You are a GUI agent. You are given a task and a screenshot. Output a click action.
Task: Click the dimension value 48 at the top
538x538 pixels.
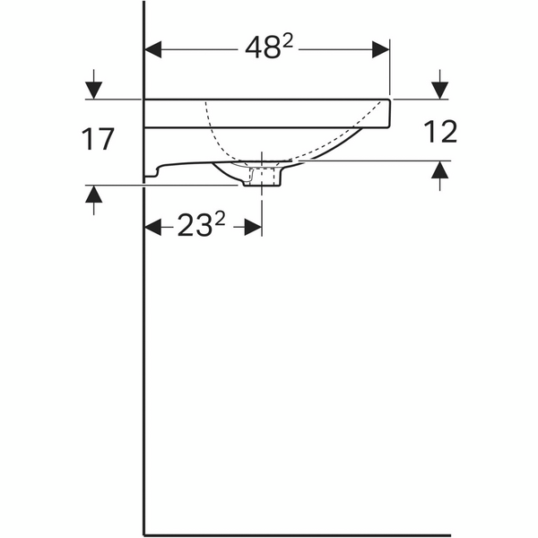(x=261, y=50)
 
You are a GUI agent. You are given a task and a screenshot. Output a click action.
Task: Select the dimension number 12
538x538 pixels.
(x=438, y=132)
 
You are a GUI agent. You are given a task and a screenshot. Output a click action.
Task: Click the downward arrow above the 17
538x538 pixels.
(x=94, y=90)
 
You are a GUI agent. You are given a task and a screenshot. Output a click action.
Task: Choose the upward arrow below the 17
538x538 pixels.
(x=94, y=195)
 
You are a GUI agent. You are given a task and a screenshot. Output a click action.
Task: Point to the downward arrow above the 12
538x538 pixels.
(x=438, y=90)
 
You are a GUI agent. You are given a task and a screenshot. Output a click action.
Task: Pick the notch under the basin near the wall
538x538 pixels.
(x=154, y=170)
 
